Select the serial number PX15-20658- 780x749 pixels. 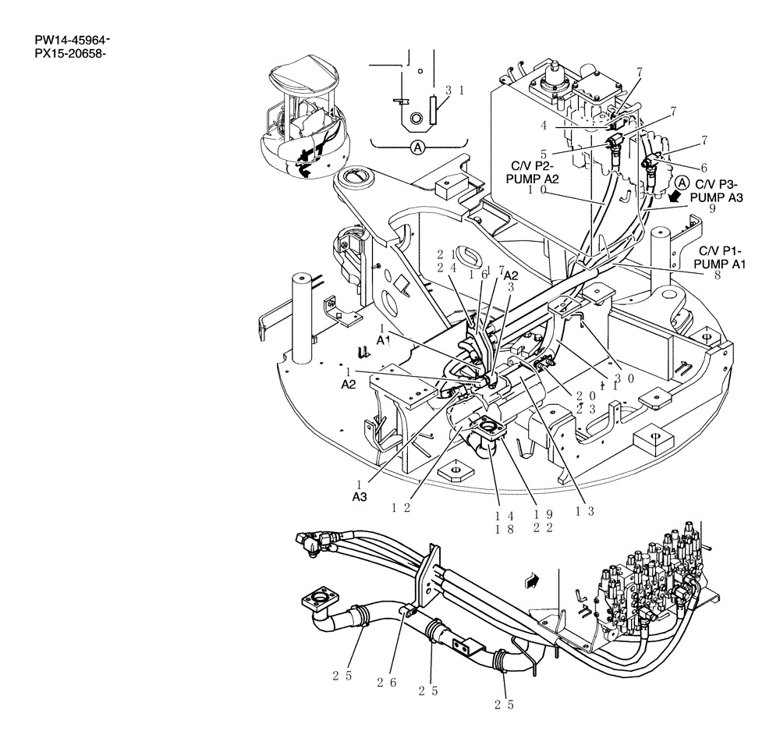[70, 54]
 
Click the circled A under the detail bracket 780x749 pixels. [418, 146]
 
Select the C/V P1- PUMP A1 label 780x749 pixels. [722, 257]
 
